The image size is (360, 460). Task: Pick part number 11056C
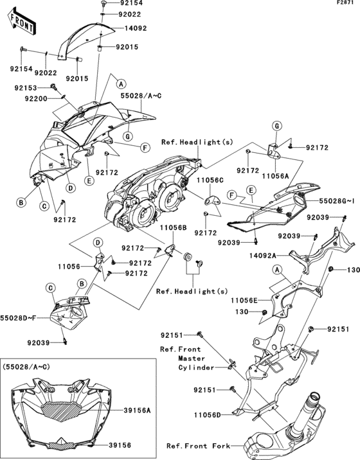[209, 182]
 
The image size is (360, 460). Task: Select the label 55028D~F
[17, 317]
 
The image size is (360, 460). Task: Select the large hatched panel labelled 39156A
[64, 409]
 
